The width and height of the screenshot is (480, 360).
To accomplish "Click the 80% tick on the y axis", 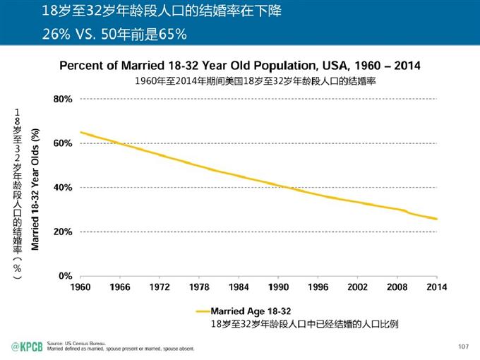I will click(63, 100).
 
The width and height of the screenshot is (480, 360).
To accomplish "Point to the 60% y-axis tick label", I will click(63, 143).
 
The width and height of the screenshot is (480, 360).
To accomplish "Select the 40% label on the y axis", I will click(63, 188).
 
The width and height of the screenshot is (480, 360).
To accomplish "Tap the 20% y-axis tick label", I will click(63, 232).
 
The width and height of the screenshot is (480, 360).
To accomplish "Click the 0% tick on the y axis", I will click(65, 275).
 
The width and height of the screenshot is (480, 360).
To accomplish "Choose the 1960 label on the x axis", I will click(80, 287).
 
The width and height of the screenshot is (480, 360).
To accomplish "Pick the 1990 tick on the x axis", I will click(279, 287).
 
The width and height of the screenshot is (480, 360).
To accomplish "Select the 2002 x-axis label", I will click(358, 287).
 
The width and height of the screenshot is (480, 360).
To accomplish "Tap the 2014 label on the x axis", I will click(437, 287).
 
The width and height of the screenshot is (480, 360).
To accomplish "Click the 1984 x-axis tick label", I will click(239, 287).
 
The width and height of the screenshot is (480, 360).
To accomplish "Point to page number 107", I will click(464, 345).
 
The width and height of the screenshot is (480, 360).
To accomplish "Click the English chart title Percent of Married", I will click(239, 66).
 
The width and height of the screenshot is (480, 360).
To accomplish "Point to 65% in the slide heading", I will click(173, 33).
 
